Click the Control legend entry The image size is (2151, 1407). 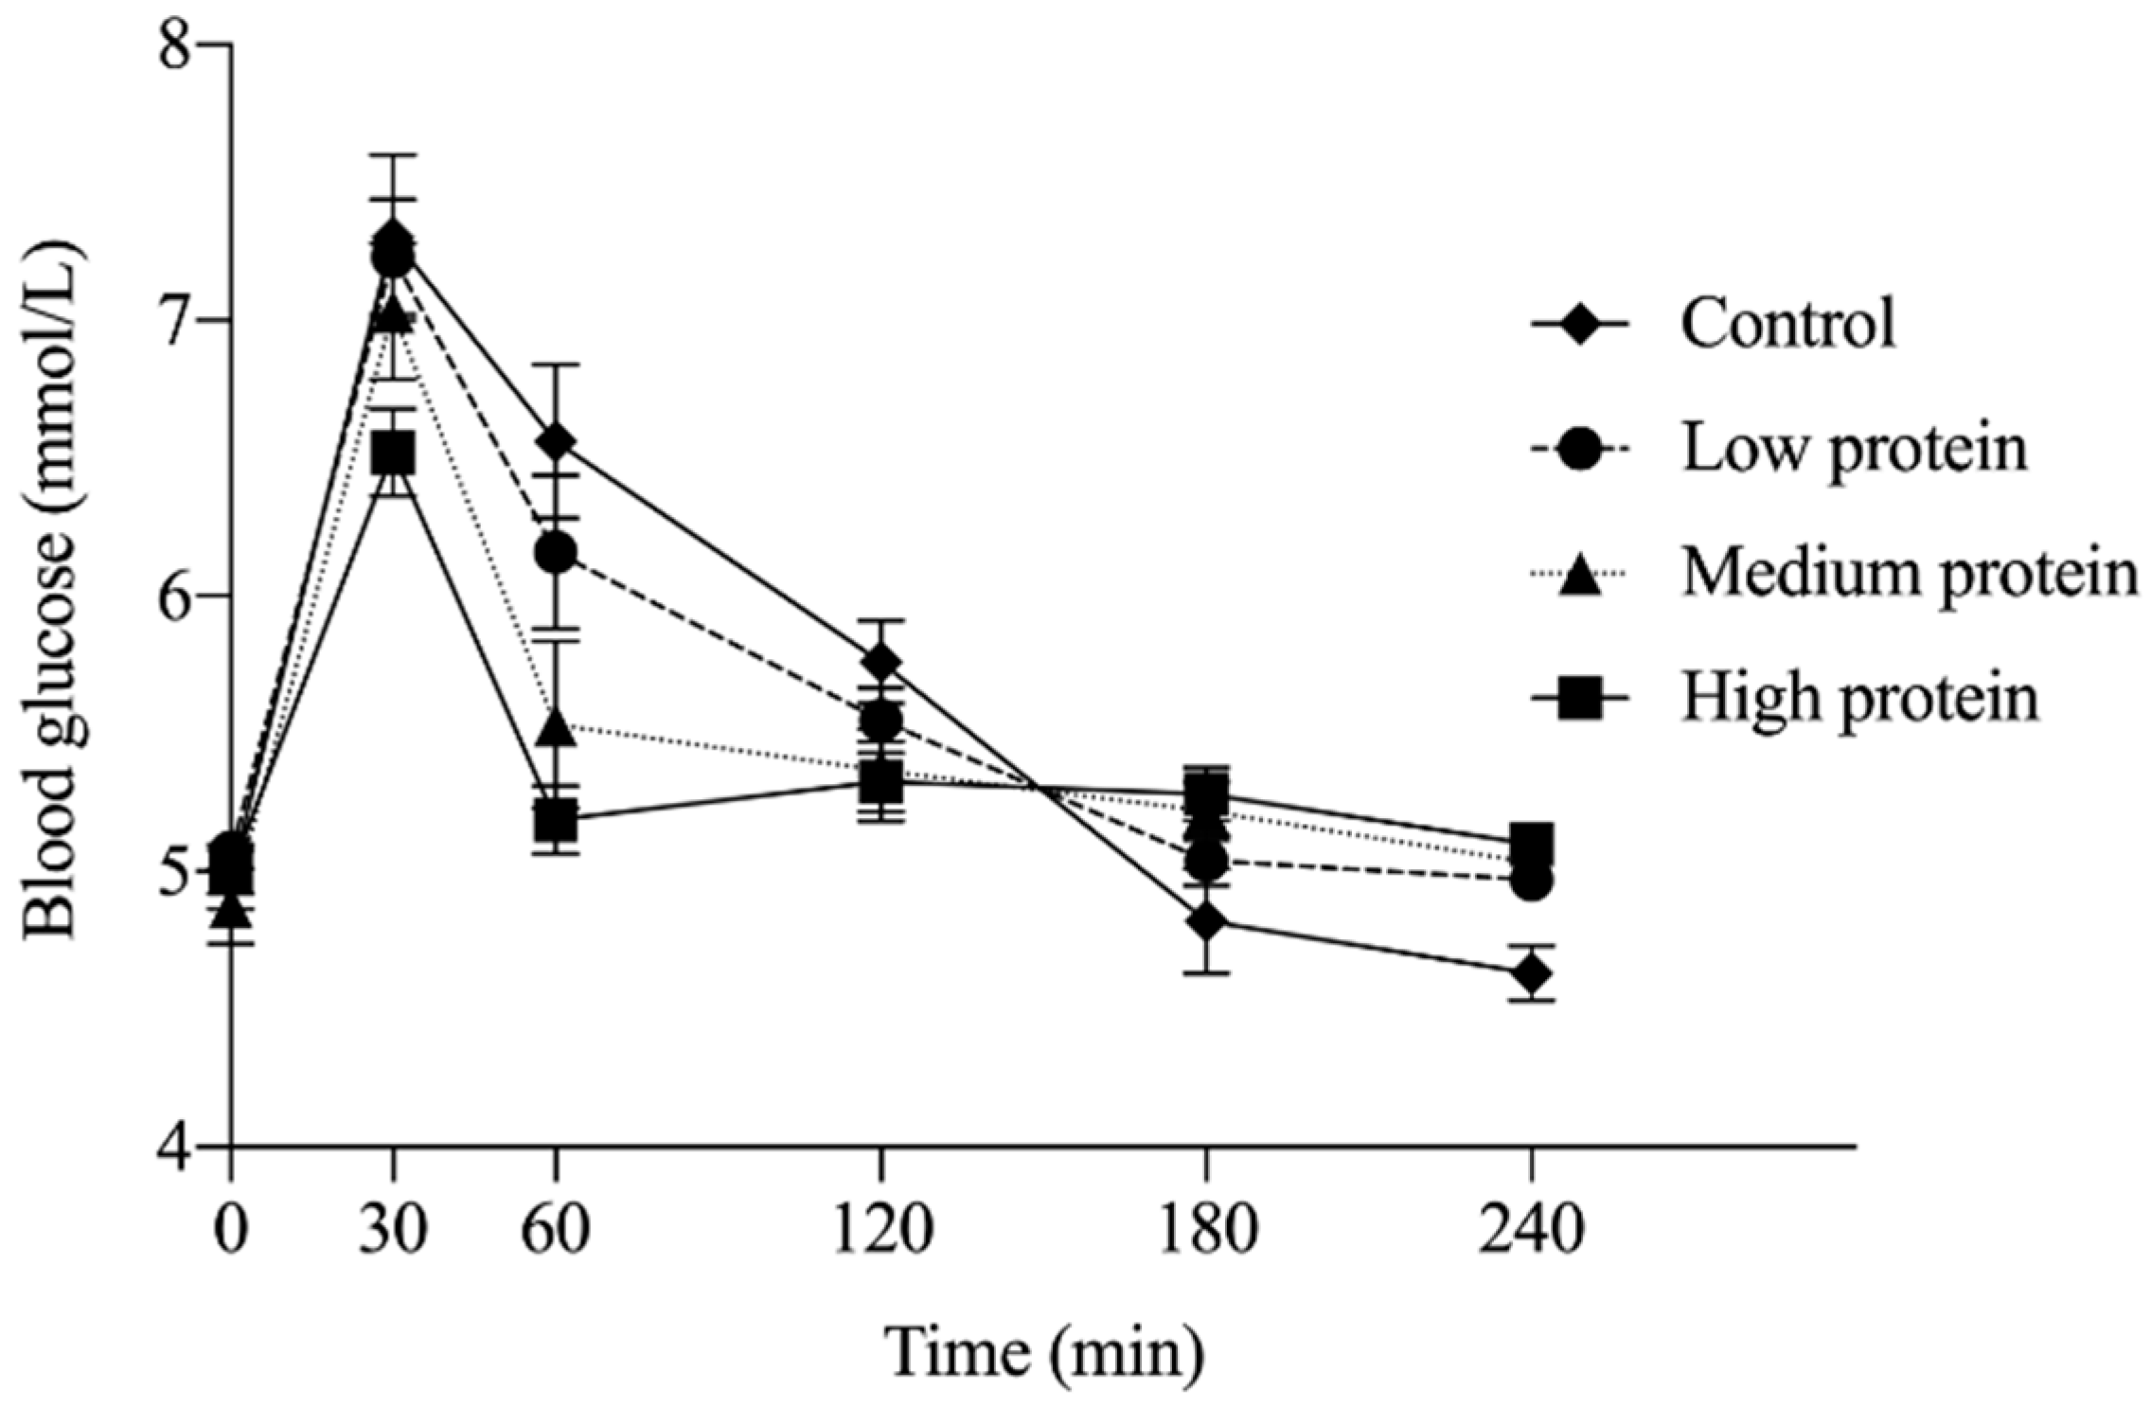(x=1787, y=324)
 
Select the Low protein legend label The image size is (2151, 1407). (x=1854, y=449)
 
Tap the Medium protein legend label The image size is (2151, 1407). (x=1909, y=574)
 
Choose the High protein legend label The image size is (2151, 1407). (x=1858, y=699)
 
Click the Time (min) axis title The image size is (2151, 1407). (x=1044, y=1354)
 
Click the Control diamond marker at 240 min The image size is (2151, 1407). (x=1531, y=973)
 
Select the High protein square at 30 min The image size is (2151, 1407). (x=393, y=454)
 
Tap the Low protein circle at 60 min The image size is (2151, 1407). (x=556, y=554)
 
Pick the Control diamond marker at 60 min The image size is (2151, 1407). (x=556, y=441)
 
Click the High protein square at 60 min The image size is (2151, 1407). (x=556, y=821)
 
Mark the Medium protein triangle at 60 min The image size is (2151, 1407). (x=556, y=727)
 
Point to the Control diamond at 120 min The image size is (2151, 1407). (x=881, y=662)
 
